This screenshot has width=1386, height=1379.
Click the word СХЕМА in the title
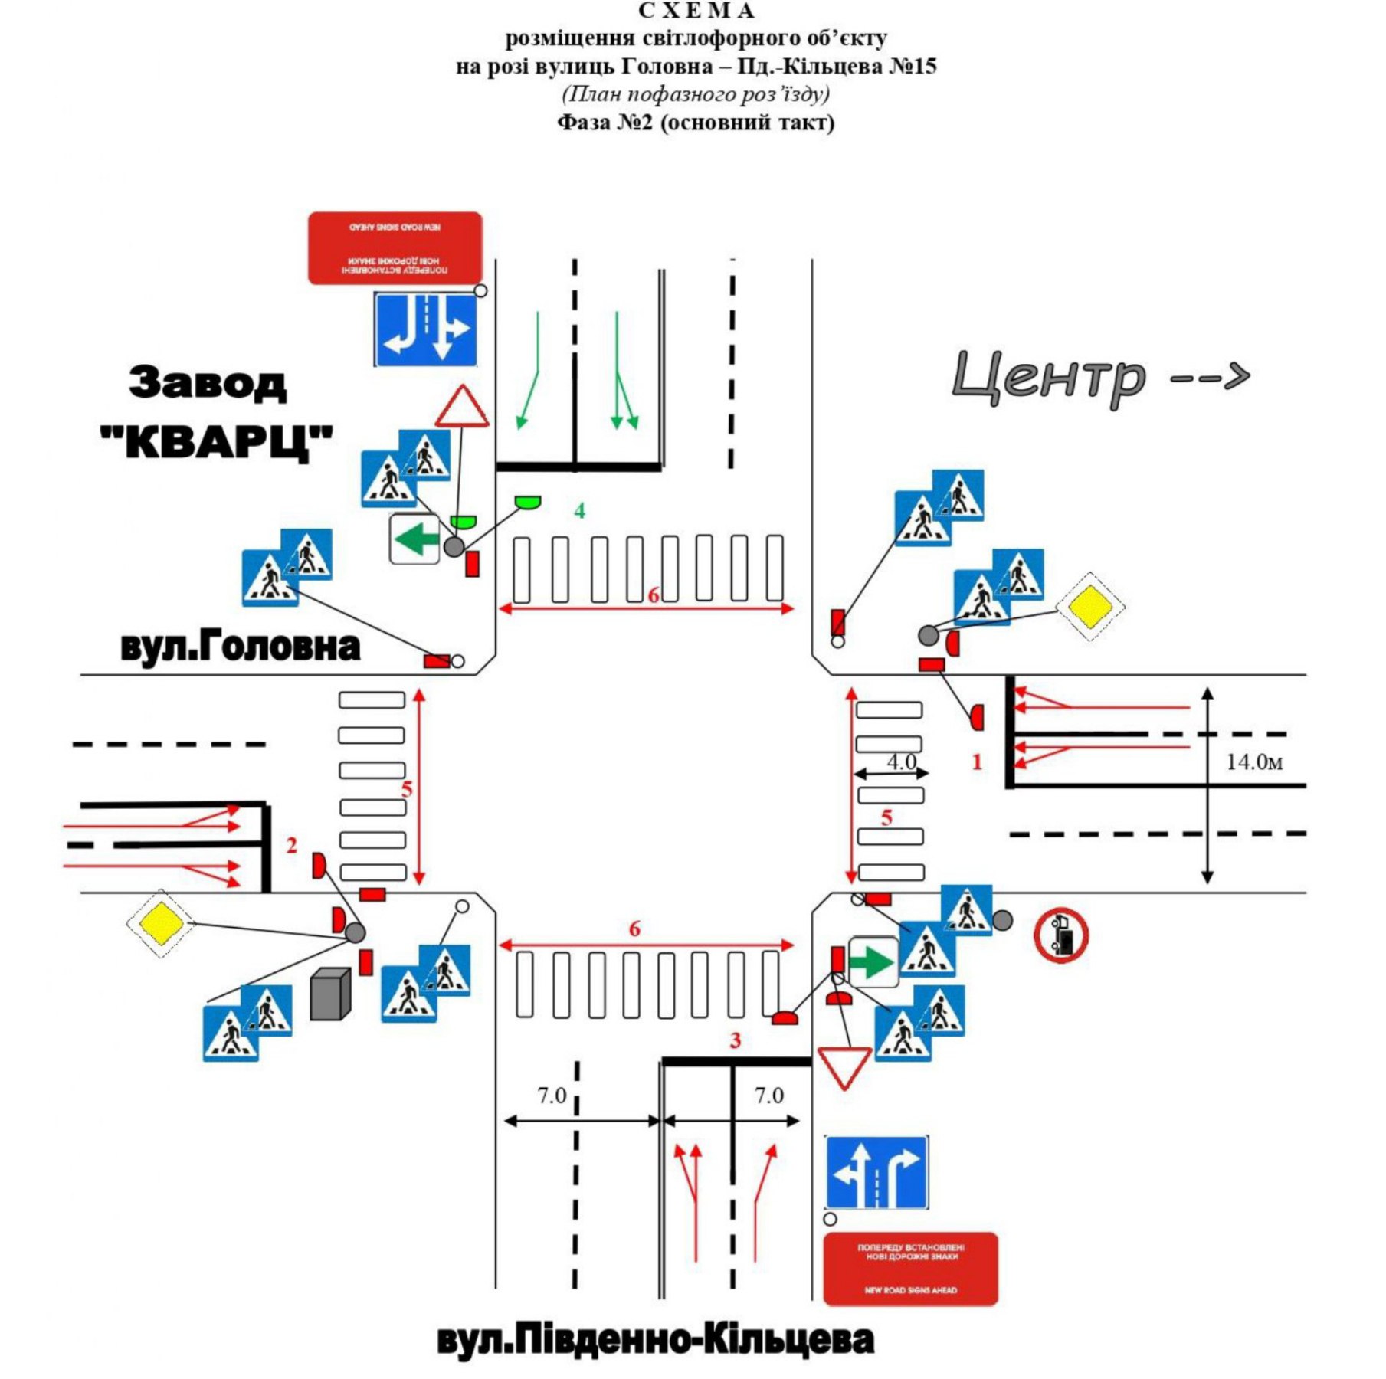point(696,11)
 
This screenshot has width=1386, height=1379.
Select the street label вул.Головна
point(240,647)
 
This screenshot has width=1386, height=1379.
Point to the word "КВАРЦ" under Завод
point(217,441)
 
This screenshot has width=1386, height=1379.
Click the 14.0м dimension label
point(1253,762)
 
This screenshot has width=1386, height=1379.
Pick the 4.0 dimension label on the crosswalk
point(901,762)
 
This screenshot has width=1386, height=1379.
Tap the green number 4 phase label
point(580,510)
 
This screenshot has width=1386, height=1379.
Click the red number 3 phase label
point(736,1040)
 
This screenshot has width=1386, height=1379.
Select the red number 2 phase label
point(291,845)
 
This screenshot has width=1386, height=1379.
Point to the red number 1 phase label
point(977,762)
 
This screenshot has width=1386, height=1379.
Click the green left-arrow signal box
point(414,539)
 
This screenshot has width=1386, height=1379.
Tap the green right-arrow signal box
point(873,962)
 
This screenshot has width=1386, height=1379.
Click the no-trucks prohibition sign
point(1061,935)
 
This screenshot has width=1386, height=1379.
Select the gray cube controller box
point(330,994)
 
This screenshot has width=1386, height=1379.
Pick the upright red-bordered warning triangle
point(462,408)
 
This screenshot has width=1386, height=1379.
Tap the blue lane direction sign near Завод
point(426,329)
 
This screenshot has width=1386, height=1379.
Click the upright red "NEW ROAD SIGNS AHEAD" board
point(910,1269)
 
